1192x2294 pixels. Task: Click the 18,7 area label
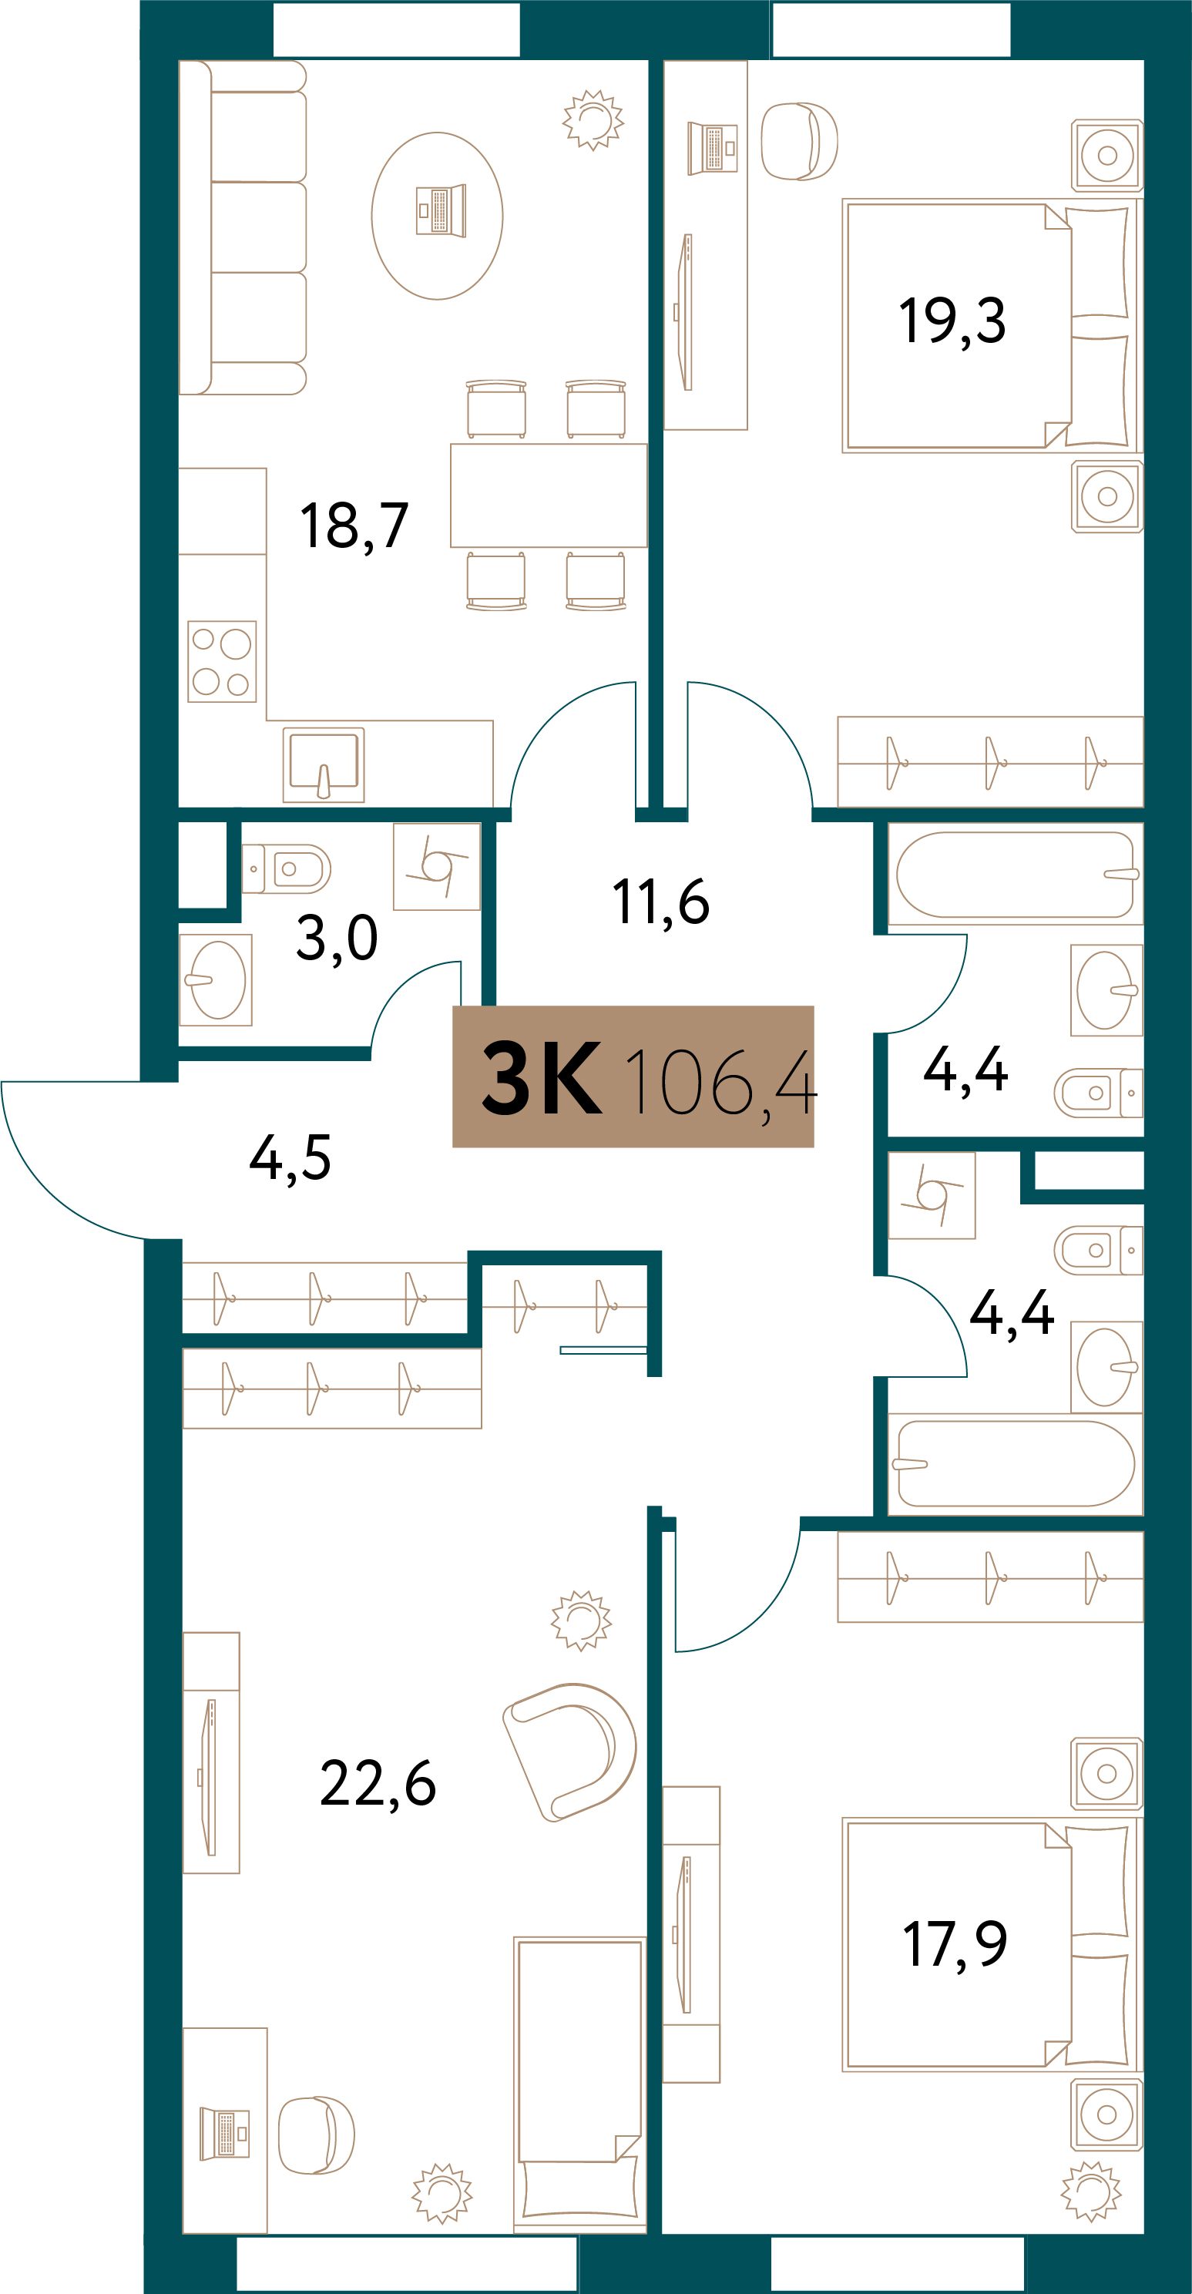point(354,526)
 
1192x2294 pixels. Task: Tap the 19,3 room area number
point(952,321)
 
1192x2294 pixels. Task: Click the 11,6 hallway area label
point(660,902)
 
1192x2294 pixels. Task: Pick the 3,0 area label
point(337,939)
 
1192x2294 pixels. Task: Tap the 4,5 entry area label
point(290,1157)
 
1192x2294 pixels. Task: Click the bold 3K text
point(541,1080)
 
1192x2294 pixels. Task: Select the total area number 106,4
point(720,1083)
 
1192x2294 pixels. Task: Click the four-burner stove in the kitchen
point(223,661)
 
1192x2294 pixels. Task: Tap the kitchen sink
point(323,765)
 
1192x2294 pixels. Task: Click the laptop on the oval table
point(441,210)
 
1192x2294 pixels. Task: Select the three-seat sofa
point(243,227)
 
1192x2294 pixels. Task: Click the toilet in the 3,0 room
point(286,868)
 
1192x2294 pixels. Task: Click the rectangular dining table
point(549,495)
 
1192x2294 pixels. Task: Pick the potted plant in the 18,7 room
point(593,119)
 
